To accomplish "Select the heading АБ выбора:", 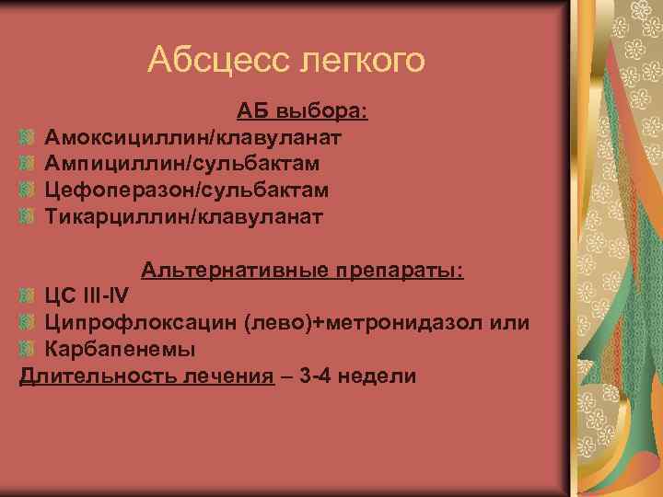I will tap(302, 112).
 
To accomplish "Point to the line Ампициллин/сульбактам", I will tap(184, 164).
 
